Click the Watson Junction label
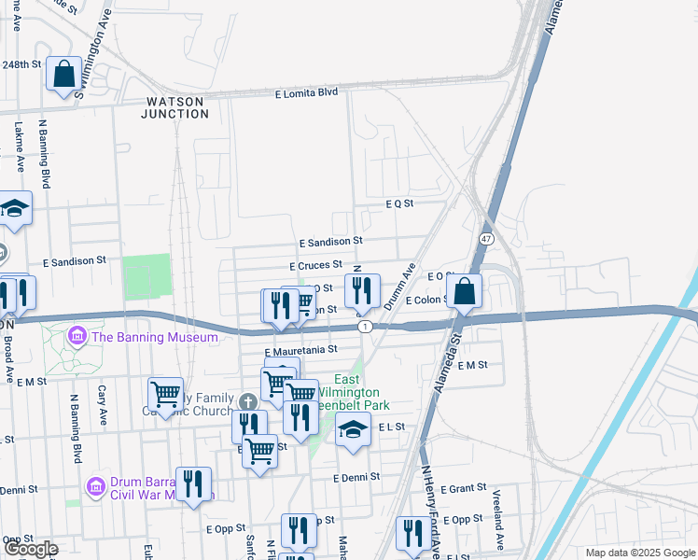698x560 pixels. click(x=174, y=107)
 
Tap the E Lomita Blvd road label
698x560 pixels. click(x=306, y=93)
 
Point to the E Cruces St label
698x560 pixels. click(x=316, y=266)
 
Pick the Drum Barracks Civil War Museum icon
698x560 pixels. click(x=95, y=486)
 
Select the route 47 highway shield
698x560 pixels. click(x=486, y=239)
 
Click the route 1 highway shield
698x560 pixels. click(x=366, y=326)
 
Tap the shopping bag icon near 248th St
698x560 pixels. click(x=64, y=74)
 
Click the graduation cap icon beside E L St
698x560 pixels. click(x=353, y=431)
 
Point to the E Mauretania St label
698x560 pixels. click(x=300, y=350)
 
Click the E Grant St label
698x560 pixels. click(x=463, y=488)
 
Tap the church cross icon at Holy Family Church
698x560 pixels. click(x=246, y=402)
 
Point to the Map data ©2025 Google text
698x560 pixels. click(x=639, y=553)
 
